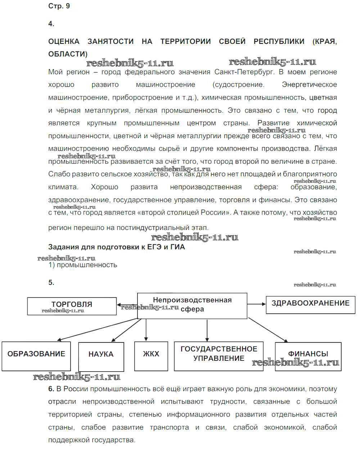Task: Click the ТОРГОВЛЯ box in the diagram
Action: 72,306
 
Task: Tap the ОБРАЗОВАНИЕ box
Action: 36,356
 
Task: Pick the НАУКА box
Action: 101,356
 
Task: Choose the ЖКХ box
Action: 151,356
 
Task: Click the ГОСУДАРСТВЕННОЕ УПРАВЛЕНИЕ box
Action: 219,356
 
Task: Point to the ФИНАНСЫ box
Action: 308,356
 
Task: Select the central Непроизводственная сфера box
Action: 192,305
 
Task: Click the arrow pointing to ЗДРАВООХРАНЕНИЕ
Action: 256,304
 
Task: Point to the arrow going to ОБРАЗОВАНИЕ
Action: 97,329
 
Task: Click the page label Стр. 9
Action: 59,6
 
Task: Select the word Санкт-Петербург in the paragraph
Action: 244,72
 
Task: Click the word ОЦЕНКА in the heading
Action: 64,42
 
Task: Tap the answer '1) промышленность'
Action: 83,265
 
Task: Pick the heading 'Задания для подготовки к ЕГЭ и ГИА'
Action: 116,247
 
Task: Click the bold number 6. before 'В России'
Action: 51,389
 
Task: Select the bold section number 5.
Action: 51,283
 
